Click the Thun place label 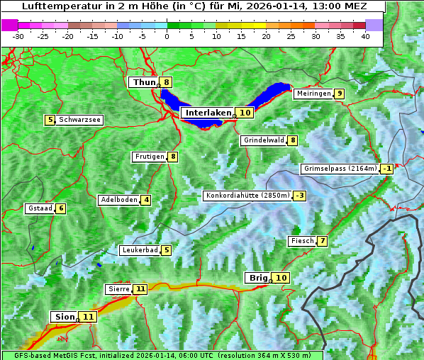(144, 82)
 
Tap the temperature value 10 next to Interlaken (245, 113)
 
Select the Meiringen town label (313, 94)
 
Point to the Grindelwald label (264, 140)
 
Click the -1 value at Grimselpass (386, 169)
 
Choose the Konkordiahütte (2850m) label (247, 196)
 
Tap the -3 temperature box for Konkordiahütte (300, 196)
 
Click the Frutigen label (149, 157)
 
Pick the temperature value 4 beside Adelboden (146, 200)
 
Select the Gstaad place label (39, 208)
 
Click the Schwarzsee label (79, 120)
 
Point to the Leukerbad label (139, 250)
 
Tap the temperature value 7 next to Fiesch (323, 241)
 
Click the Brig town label (256, 278)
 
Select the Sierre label (118, 289)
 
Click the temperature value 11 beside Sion (88, 317)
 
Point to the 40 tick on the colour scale (365, 35)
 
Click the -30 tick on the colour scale (18, 35)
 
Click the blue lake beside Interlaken (273, 94)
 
